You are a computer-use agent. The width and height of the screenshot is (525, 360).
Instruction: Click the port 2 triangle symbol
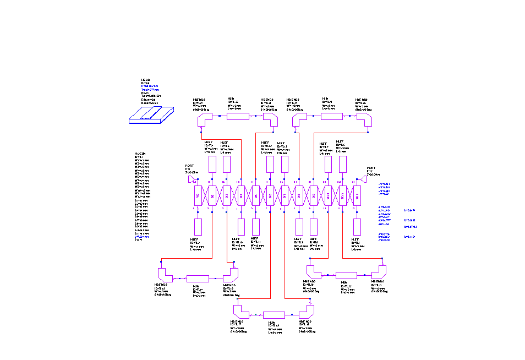tap(364, 179)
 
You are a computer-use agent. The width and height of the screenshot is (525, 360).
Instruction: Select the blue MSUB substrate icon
tap(150, 115)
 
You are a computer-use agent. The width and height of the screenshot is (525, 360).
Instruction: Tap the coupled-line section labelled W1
tap(197, 195)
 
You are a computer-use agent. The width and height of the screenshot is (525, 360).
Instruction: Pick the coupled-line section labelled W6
tap(270, 195)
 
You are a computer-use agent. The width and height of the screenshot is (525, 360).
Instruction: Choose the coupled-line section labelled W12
tap(357, 195)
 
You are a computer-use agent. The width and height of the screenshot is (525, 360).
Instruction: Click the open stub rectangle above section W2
tap(212, 164)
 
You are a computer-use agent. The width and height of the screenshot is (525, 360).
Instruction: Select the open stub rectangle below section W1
tap(198, 227)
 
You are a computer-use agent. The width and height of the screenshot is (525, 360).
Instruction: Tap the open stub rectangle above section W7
tap(285, 164)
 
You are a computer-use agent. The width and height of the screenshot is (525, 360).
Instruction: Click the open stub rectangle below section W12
tap(357, 227)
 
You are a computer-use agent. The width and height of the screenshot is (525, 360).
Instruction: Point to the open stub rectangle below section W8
tap(299, 227)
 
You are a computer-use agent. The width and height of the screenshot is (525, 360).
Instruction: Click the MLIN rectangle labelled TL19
tap(274, 315)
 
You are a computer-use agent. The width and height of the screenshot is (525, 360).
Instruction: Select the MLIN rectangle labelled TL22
tap(347, 275)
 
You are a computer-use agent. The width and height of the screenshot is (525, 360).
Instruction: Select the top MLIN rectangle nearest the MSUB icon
tap(238, 116)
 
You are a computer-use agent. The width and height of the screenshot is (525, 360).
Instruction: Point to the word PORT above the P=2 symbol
tap(371, 168)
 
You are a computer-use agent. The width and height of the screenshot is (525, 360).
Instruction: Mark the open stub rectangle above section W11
tap(342, 164)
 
